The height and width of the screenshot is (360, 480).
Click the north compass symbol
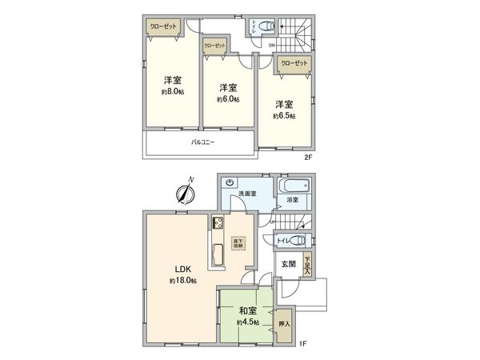coord(186,192)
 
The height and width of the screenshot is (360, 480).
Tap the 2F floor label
coord(307,157)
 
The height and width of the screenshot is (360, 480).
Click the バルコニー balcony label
coord(202,142)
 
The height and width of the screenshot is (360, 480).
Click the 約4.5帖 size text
coord(247,322)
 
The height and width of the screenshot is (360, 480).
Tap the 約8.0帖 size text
coord(172,92)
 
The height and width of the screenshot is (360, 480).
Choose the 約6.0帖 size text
coord(227,100)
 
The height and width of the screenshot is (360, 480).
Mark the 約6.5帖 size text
coord(283,116)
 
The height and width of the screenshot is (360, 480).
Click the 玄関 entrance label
coord(288,263)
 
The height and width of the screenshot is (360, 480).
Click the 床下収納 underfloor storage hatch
coord(238,242)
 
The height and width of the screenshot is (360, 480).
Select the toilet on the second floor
coord(265,24)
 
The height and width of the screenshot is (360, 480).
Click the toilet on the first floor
coord(300,240)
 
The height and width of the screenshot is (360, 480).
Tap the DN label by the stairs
coord(272,46)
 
